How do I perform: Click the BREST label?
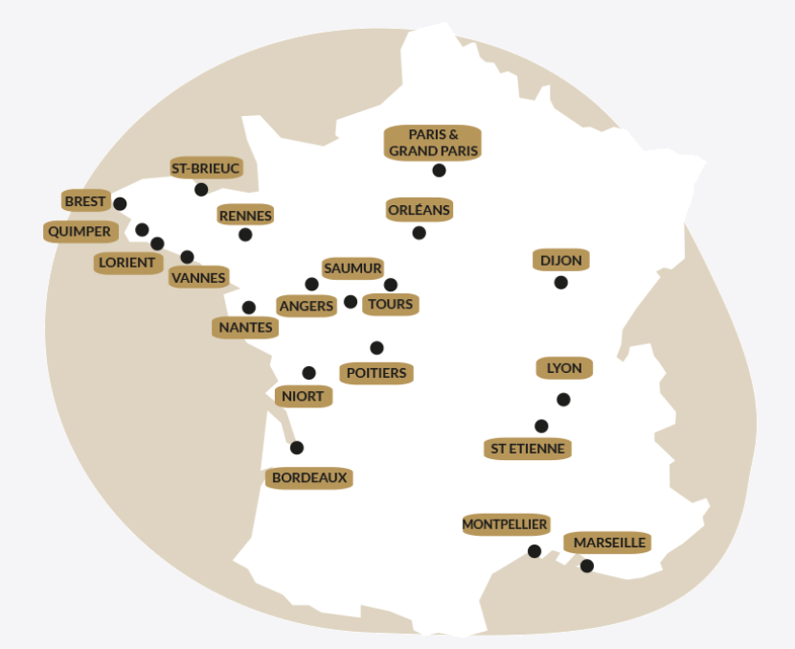pyautogui.click(x=85, y=201)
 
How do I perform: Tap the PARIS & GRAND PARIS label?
pyautogui.click(x=433, y=143)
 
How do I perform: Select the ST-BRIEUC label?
pyautogui.click(x=206, y=168)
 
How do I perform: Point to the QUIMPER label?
pyautogui.click(x=79, y=231)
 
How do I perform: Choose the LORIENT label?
pyautogui.click(x=126, y=263)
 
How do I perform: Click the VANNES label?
pyautogui.click(x=198, y=278)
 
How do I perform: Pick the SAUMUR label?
pyautogui.click(x=352, y=268)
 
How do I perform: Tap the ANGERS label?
pyautogui.click(x=307, y=306)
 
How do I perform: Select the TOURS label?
pyautogui.click(x=391, y=304)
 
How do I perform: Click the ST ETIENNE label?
pyautogui.click(x=528, y=448)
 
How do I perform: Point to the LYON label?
pyautogui.click(x=565, y=368)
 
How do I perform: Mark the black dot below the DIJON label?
pyautogui.click(x=560, y=283)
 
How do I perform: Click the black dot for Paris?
pyautogui.click(x=439, y=171)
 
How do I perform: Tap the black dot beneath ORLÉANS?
pyautogui.click(x=419, y=233)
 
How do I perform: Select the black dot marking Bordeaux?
pyautogui.click(x=297, y=448)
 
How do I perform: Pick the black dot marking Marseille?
pyautogui.click(x=587, y=567)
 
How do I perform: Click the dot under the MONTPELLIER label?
pyautogui.click(x=534, y=551)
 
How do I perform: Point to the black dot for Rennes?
pyautogui.click(x=245, y=235)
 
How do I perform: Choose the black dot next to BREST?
pyautogui.click(x=120, y=204)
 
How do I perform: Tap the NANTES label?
pyautogui.click(x=246, y=327)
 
